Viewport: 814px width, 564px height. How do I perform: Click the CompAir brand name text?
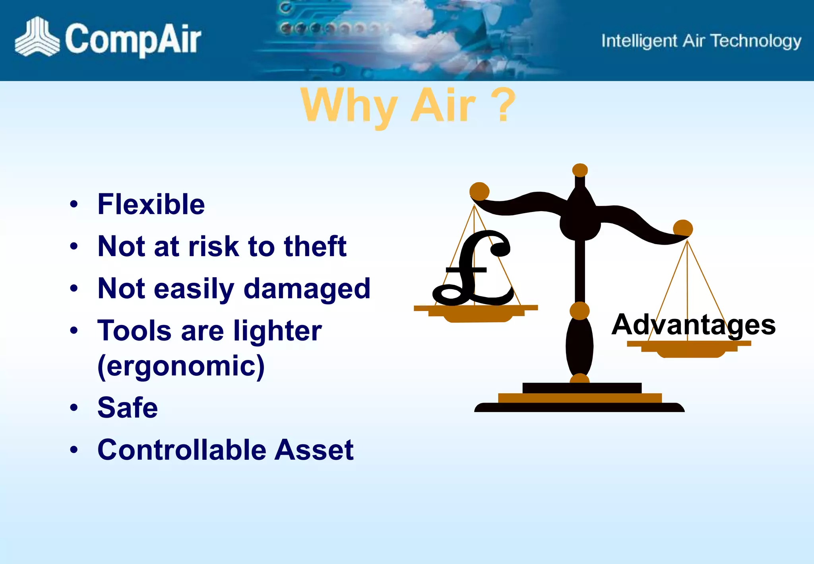pos(133,39)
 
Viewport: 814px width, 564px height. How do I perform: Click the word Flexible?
pos(151,204)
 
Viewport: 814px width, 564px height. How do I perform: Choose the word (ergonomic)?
pos(181,366)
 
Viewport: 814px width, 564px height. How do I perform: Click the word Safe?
pos(128,408)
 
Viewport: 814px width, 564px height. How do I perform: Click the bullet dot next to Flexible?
pos(74,204)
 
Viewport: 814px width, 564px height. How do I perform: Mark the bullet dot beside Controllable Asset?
pos(74,450)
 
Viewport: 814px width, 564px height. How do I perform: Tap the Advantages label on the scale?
pos(693,325)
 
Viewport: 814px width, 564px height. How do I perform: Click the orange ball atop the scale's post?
pos(580,170)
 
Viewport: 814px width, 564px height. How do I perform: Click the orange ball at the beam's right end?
pos(683,228)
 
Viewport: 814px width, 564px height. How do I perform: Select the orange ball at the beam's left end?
pos(479,191)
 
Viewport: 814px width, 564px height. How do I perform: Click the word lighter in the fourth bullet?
pos(277,331)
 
